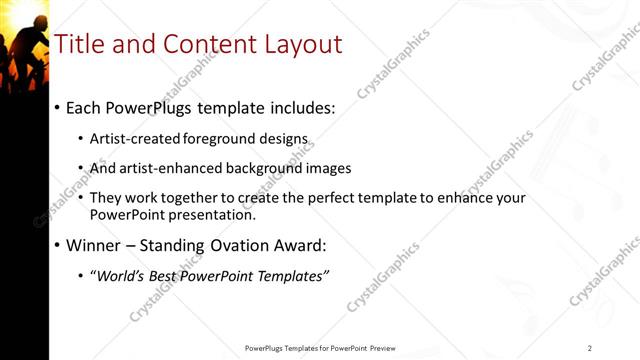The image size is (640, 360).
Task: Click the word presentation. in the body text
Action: click(217, 215)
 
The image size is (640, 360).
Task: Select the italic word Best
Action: click(164, 276)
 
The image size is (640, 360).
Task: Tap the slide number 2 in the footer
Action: click(590, 348)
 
